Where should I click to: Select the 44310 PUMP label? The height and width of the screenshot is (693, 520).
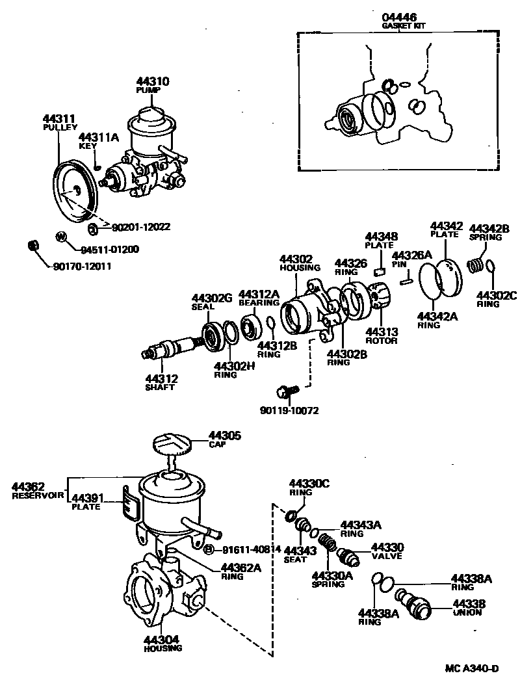(x=153, y=85)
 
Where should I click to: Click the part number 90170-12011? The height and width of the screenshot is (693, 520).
(x=82, y=266)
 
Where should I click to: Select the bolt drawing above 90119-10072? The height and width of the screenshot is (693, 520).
(x=286, y=391)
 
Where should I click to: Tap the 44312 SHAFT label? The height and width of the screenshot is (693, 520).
(x=160, y=382)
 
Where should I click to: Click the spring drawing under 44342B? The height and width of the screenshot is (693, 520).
(x=476, y=265)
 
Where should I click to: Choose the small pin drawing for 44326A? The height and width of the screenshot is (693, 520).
(x=406, y=280)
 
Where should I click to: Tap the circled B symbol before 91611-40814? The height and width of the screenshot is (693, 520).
(x=209, y=550)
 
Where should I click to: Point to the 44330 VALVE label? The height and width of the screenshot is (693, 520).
(x=387, y=551)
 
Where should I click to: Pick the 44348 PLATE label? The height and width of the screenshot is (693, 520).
(x=381, y=241)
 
